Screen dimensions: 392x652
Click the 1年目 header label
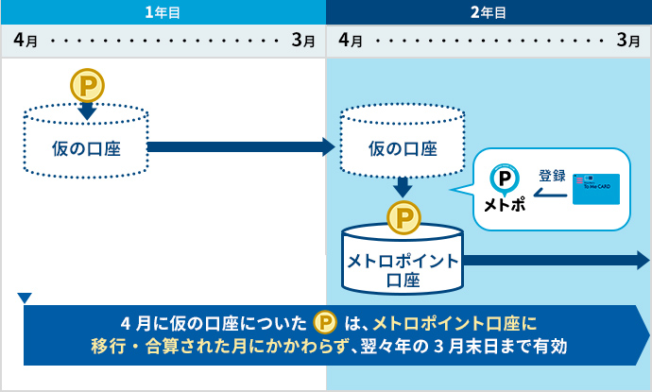click(163, 12)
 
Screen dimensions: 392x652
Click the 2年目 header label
click(489, 12)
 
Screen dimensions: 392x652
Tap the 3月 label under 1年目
click(303, 41)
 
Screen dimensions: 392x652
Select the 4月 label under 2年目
click(350, 41)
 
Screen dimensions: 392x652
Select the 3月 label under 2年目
click(627, 41)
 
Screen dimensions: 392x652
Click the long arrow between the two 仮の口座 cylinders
click(242, 146)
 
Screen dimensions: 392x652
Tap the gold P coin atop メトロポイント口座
click(403, 218)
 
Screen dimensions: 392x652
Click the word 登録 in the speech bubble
click(552, 175)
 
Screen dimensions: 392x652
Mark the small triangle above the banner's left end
click(25, 298)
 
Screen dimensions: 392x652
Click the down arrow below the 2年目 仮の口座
click(403, 186)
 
